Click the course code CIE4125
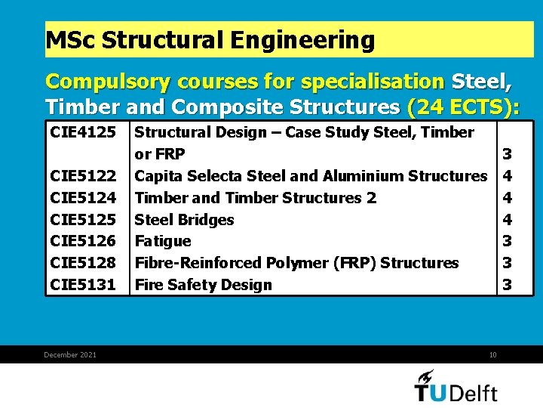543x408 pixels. (83, 133)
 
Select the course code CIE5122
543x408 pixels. (83, 176)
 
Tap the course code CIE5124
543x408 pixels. (83, 198)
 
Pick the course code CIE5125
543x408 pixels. (83, 220)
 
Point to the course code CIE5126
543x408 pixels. (83, 241)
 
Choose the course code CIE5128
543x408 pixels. (83, 263)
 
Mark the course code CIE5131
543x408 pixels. (83, 285)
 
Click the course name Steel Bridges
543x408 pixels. (184, 220)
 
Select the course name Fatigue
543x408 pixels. (163, 242)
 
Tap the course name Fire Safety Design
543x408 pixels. (203, 285)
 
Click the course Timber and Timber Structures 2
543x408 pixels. (255, 198)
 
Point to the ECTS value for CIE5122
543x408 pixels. (508, 176)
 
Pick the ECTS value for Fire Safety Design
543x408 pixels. (508, 285)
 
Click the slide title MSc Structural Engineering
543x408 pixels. (210, 40)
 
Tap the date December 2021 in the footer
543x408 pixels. (70, 354)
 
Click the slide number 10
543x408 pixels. (492, 354)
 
